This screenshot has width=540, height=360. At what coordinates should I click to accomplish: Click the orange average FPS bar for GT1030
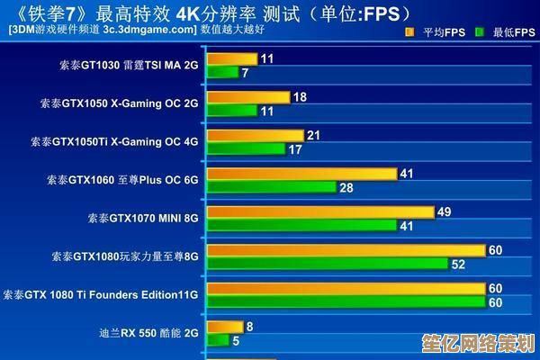coord(232,59)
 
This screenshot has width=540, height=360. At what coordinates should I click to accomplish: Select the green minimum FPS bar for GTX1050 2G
coord(231,111)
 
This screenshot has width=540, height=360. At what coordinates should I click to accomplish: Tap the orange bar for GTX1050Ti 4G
coord(255,136)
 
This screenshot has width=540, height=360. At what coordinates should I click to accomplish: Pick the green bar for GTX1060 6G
coord(271,187)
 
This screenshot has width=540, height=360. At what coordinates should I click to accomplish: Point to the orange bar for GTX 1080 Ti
coord(345,289)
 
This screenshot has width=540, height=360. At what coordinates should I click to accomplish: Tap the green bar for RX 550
coord(217,340)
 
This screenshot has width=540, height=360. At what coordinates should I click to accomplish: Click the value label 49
coord(444,211)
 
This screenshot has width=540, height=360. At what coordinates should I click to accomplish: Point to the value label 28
coord(346,187)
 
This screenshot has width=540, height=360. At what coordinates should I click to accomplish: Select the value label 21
coord(313,135)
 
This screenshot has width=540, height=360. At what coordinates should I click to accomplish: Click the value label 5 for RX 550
coord(236,340)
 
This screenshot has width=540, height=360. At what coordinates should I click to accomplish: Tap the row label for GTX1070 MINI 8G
coord(143,218)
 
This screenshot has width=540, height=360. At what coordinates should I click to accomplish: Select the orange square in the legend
coord(409,31)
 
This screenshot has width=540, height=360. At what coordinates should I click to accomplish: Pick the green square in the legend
coord(480,31)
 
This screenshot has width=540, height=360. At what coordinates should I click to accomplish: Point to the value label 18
coord(300,97)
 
